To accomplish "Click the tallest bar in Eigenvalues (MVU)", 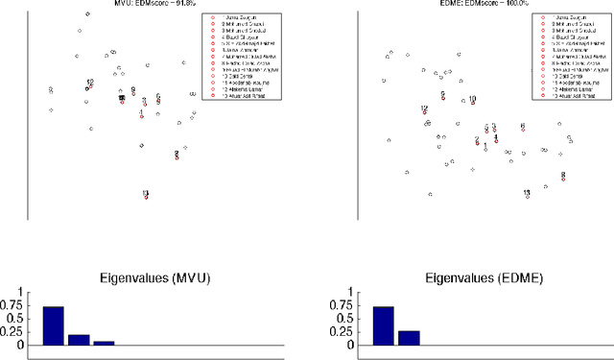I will (54, 325).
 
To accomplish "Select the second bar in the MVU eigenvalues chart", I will (79, 339).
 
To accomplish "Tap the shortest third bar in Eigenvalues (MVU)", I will (104, 342).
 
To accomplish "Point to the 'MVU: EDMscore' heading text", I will (114, 4).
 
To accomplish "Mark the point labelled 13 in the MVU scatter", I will (146, 196).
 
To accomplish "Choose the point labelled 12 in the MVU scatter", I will (88, 86).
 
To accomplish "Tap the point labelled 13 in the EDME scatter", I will (527, 195).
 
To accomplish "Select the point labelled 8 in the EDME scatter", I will (562, 177).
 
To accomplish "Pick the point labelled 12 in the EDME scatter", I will (424, 110).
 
